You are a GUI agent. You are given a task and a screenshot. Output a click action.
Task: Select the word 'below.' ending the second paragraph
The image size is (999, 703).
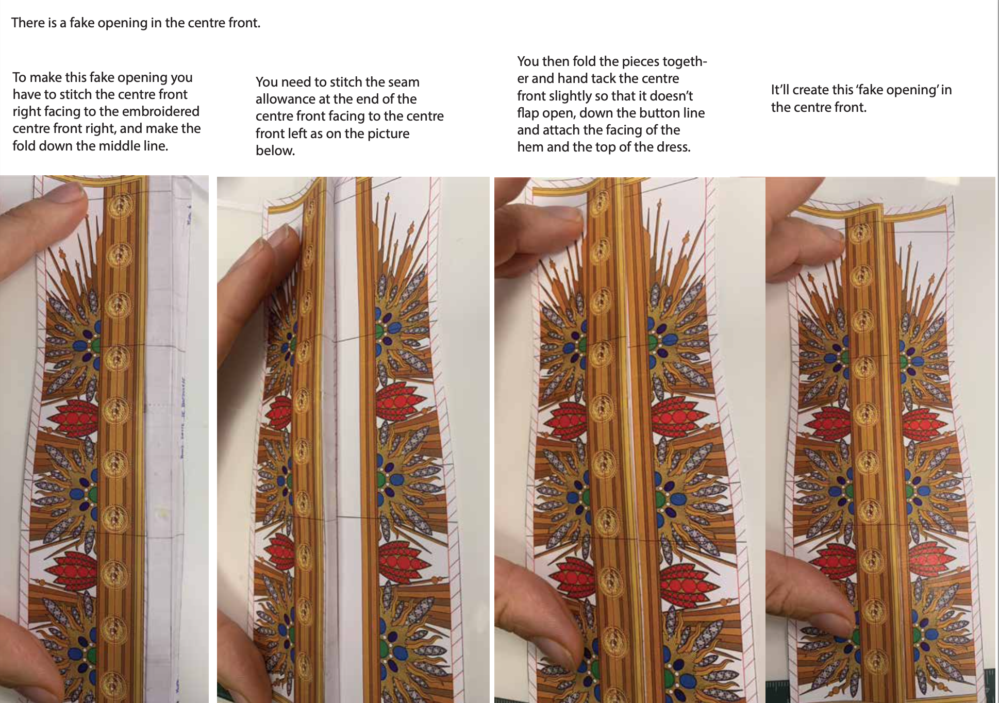[x=275, y=150]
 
